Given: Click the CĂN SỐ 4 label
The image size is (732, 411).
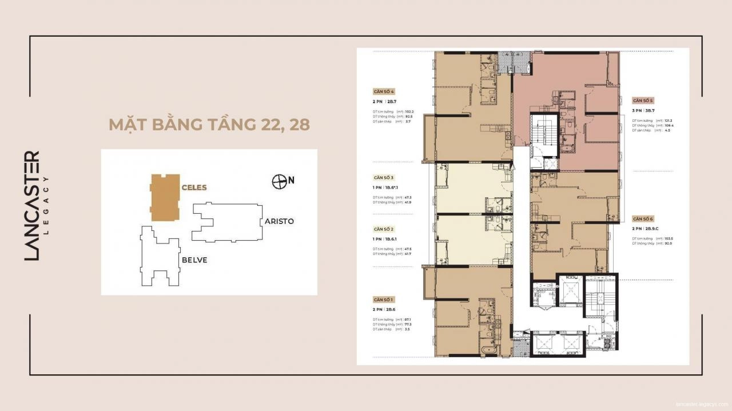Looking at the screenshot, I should (x=384, y=91).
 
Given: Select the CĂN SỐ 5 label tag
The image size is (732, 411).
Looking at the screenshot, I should (x=643, y=100).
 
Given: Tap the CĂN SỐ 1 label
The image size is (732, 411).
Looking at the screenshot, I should (x=384, y=300).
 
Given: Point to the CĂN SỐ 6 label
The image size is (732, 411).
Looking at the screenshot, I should (x=643, y=219).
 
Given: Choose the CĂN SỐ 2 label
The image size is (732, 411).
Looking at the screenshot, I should (x=384, y=228).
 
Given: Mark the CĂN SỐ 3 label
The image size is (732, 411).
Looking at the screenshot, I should (x=384, y=178).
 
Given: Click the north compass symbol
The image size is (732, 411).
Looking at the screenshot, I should (x=279, y=181).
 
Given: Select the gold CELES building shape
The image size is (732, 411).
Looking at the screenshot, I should (x=165, y=198).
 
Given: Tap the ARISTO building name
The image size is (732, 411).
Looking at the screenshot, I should (x=279, y=221).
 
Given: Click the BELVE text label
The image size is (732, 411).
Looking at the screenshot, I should (x=194, y=260).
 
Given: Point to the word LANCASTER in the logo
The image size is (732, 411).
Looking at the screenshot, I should (x=33, y=206).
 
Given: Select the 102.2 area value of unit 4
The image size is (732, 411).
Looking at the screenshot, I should (x=408, y=111).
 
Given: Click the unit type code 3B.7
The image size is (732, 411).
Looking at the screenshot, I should (x=651, y=110).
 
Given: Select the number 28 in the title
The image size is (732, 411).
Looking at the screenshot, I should (x=299, y=125).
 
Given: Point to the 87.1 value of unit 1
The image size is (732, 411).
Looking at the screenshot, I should (x=407, y=320).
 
